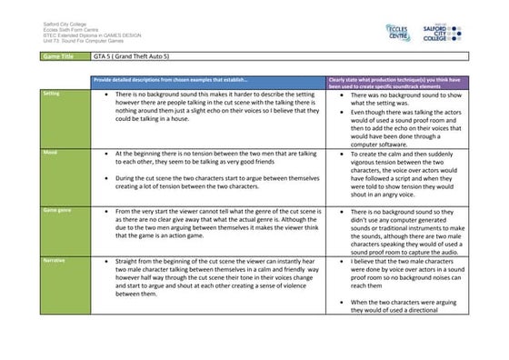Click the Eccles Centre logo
pos(373,31)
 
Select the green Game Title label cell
pos(64,56)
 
